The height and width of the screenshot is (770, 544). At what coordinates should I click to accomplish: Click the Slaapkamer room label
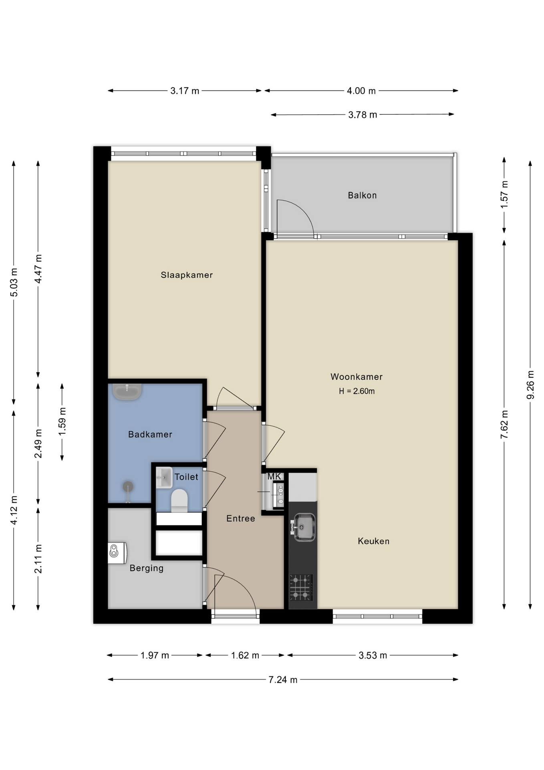pos(187,275)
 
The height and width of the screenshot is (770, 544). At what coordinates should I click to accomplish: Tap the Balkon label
pos(362,195)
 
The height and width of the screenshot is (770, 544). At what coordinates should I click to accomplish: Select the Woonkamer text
pos(357,377)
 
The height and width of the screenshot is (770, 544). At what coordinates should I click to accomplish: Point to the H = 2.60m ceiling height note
pos(357,391)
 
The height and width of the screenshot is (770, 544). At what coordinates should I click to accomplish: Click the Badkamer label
pos(150,434)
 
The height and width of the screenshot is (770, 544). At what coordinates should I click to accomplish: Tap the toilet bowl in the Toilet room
pos(179,500)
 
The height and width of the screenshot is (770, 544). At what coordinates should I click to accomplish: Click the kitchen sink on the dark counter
pos(304,527)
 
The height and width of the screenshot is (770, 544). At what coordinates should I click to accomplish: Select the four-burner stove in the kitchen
pos(301,588)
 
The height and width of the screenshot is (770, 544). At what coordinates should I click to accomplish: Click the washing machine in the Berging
pos(117,553)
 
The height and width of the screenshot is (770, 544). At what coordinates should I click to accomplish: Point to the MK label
pos(274,476)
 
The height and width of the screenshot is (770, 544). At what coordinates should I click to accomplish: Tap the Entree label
pos(241,519)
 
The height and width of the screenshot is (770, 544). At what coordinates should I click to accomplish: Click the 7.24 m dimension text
pos(283,680)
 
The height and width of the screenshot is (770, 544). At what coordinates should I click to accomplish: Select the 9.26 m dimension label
pos(530,385)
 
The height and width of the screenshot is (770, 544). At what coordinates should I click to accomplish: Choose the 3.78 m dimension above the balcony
pos(363,115)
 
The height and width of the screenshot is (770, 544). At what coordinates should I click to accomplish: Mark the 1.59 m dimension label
pos(62,421)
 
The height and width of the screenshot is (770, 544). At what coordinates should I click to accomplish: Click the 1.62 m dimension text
pos(245,655)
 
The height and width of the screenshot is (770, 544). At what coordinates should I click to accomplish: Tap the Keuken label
pos(374,541)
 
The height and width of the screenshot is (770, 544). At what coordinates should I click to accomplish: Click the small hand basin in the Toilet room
pos(164,478)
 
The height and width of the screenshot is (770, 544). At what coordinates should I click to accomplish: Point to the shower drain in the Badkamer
pos(128,487)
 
